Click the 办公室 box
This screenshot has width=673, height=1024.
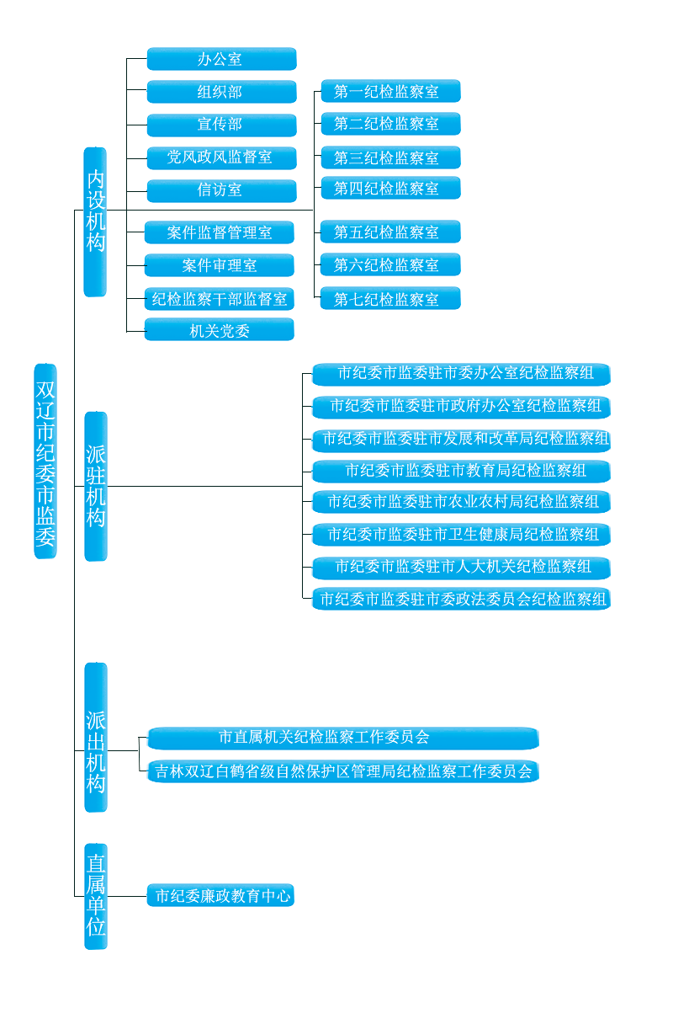(221, 58)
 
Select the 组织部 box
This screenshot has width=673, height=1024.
(221, 92)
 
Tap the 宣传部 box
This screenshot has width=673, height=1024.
(221, 125)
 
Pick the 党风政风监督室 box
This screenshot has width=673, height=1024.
(221, 157)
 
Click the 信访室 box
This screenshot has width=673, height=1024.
(221, 190)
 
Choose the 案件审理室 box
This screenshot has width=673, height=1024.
(220, 265)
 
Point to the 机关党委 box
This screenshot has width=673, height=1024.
(220, 329)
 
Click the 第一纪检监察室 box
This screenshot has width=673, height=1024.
(390, 91)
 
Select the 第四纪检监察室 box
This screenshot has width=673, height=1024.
(390, 188)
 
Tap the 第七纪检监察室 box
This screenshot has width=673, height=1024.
(390, 298)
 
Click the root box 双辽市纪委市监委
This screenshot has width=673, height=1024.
(45, 461)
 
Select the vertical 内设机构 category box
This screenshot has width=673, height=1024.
(95, 221)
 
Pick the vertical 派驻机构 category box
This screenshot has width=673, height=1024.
(96, 486)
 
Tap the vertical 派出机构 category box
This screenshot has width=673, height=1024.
(96, 737)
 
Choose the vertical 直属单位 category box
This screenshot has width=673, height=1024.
(96, 896)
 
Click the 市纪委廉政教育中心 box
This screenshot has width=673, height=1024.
(220, 895)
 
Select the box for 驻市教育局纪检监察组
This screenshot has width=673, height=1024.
(461, 471)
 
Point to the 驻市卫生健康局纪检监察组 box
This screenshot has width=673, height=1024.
(461, 535)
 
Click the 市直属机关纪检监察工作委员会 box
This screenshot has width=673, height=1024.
(343, 738)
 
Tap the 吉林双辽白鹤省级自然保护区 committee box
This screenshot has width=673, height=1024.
(343, 771)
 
